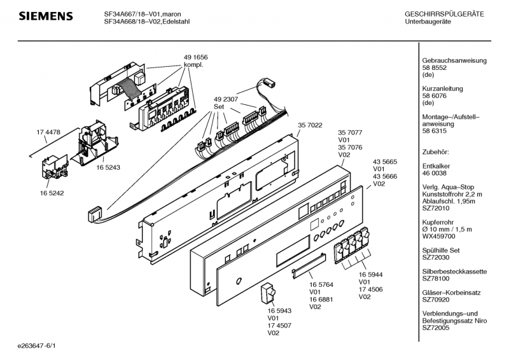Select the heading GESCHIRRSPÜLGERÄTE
click(444, 14)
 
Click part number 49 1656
click(196, 57)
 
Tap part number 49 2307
click(226, 99)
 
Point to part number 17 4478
click(48, 132)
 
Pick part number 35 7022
click(310, 125)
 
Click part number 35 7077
click(350, 133)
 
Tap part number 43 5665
click(385, 162)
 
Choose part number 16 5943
click(279, 310)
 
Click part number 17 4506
click(372, 289)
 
